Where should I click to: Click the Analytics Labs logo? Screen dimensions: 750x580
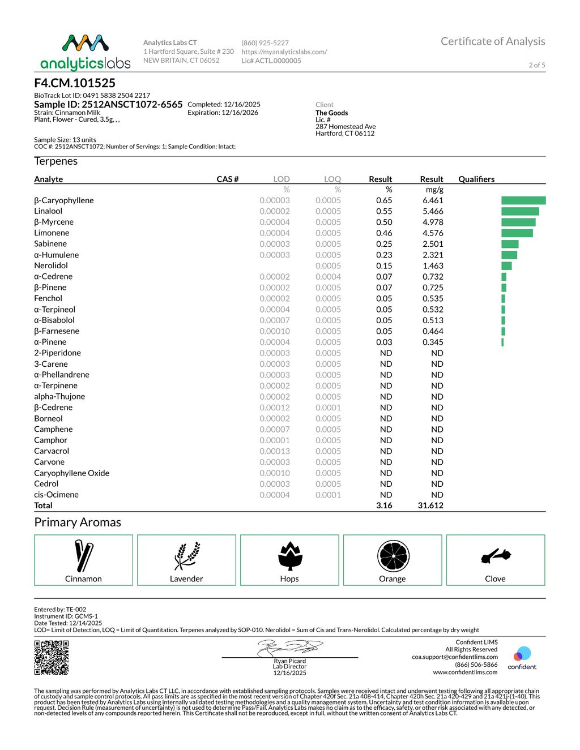86,52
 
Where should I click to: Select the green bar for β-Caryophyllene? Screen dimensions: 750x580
523,200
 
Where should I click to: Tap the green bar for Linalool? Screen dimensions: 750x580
520,211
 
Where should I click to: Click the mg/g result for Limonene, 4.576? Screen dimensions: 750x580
433,233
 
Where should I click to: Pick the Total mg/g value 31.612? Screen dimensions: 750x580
430,505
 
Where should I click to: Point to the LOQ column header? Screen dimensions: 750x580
332,179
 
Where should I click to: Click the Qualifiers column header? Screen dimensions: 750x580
476,179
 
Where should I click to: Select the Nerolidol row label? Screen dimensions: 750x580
51,265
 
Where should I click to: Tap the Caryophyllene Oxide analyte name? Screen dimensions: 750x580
72,473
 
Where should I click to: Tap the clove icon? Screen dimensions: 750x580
496,556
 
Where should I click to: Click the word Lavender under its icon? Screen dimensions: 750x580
186,578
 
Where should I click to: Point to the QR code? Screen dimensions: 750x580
52,657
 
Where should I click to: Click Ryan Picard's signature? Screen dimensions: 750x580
290,648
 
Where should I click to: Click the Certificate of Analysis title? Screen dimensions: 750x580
493,41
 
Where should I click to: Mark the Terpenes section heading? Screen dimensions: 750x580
56,161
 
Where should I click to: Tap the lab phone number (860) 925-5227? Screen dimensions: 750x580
265,43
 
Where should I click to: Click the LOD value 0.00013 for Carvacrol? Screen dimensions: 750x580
275,451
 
